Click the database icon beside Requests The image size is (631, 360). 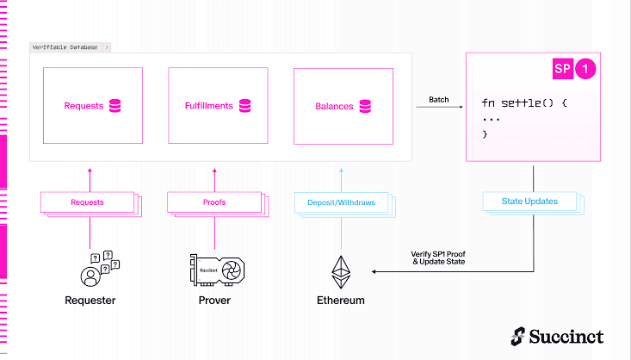click(x=115, y=106)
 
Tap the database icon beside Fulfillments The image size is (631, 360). click(x=245, y=106)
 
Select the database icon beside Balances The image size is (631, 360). click(x=365, y=106)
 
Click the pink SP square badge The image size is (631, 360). click(x=563, y=68)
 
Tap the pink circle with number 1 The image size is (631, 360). click(x=585, y=68)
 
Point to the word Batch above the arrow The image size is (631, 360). click(x=439, y=99)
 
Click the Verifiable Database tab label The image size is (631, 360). click(x=65, y=47)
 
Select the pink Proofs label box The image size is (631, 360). click(x=214, y=202)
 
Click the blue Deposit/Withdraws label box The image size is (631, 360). click(x=341, y=202)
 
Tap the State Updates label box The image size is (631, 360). click(x=529, y=202)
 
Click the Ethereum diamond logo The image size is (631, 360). click(x=341, y=272)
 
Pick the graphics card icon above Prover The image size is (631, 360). click(x=217, y=270)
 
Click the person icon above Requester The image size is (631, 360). click(x=90, y=276)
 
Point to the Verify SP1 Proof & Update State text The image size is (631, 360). click(x=438, y=258)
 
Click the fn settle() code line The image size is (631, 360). click(x=524, y=103)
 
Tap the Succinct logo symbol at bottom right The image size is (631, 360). click(x=518, y=336)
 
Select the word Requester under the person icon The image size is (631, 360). click(x=90, y=301)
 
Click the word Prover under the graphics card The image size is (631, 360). click(x=214, y=301)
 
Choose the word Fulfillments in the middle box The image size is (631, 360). click(x=209, y=106)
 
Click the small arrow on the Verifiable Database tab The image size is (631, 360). click(x=107, y=47)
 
